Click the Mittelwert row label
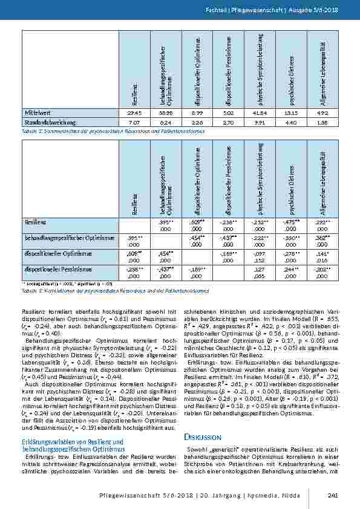[x=37, y=113]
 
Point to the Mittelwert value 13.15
[x=291, y=113]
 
